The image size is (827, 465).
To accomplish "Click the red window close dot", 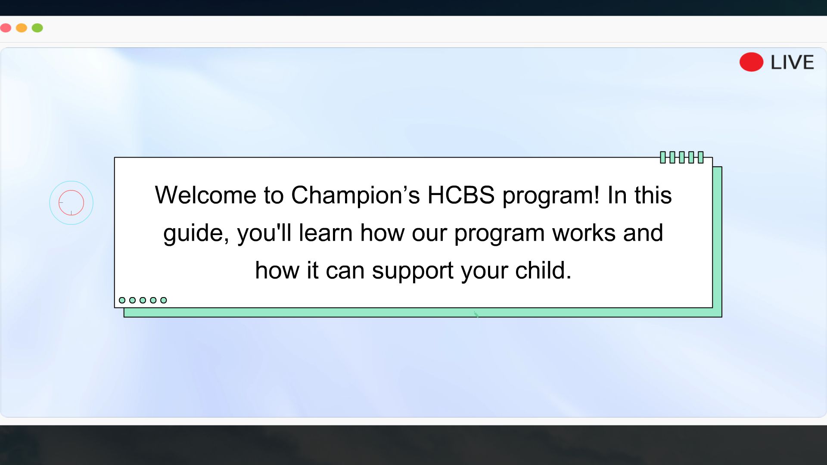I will click(6, 28).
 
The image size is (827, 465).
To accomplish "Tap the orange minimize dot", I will click(22, 28).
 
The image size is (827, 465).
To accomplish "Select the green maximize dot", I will click(37, 28).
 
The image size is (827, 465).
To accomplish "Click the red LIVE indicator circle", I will click(751, 62).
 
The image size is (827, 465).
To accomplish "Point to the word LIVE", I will click(792, 62).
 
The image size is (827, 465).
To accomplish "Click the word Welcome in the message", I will click(205, 195).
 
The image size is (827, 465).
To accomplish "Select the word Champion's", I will click(355, 195).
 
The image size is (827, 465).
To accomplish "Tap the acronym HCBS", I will click(461, 195).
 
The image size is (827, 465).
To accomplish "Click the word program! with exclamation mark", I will click(551, 196).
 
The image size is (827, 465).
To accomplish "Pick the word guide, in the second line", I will click(196, 233).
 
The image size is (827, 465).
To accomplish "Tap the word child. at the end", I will click(543, 270).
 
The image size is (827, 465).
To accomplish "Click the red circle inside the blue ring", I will click(71, 203).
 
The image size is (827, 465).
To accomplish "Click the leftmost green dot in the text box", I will click(122, 300).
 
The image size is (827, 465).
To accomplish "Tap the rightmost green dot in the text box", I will click(164, 300).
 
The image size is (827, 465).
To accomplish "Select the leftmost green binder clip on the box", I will click(663, 157).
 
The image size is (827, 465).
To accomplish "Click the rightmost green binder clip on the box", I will click(701, 157).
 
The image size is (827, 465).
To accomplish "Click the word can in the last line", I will click(345, 271).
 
